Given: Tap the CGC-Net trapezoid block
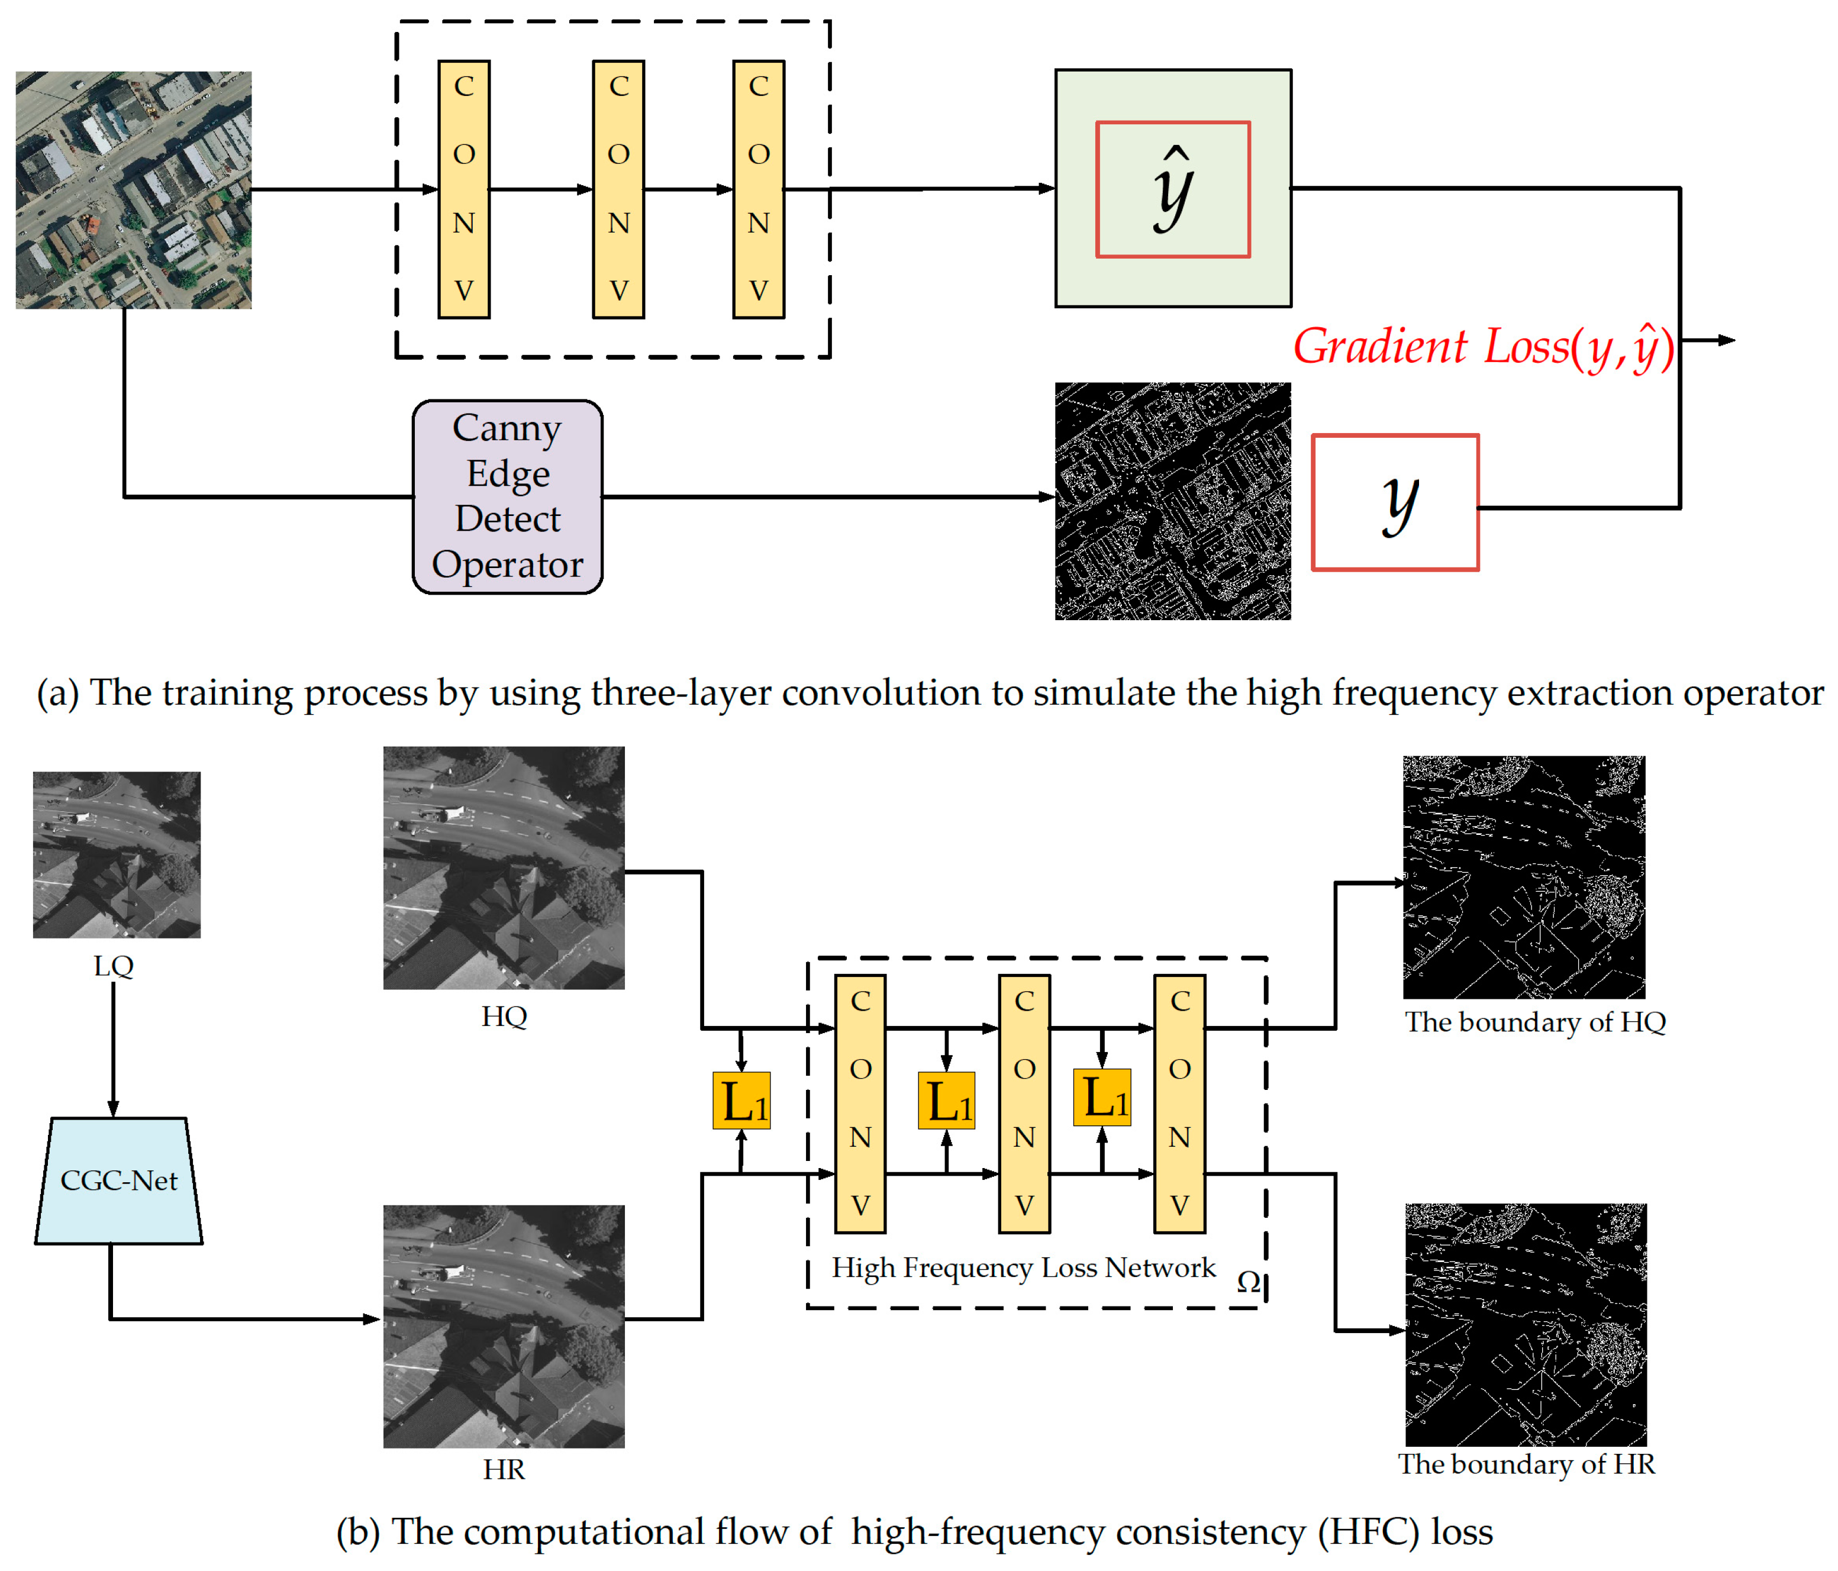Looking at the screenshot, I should pos(119,1180).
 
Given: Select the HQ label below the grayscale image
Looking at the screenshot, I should pos(504,1016).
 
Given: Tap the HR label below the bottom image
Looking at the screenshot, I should pos(504,1470).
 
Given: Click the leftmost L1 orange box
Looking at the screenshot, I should pos(741,1101).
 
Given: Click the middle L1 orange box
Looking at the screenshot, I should pos(946,1101).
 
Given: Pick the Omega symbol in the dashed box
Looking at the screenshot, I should pos(1248,1282).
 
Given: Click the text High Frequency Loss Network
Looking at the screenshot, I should pos(1023,1267).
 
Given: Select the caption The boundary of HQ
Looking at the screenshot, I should pos(1534,1022).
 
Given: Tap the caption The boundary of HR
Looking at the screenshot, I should pos(1526,1464).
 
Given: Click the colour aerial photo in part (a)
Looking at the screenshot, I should pos(133,190).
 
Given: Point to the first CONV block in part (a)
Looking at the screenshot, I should pos(464,189).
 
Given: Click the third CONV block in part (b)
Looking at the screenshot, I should pos(1179,1104).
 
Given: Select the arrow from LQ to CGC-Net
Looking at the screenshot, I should pos(114,1047).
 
